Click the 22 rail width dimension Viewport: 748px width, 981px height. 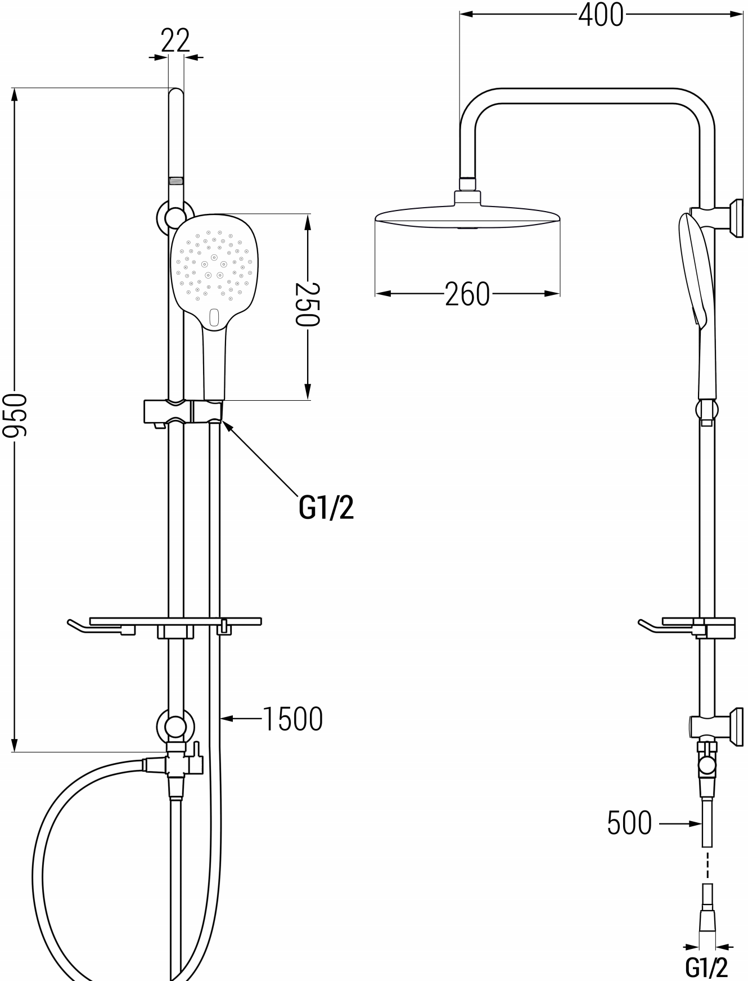(x=175, y=41)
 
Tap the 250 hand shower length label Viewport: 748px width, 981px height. (x=308, y=304)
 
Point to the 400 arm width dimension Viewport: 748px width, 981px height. (x=601, y=15)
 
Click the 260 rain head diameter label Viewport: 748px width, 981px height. (x=467, y=294)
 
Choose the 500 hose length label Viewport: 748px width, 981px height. (x=629, y=823)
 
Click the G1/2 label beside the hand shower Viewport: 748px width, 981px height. (x=327, y=507)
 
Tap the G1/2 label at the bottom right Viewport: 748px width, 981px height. (x=706, y=967)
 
